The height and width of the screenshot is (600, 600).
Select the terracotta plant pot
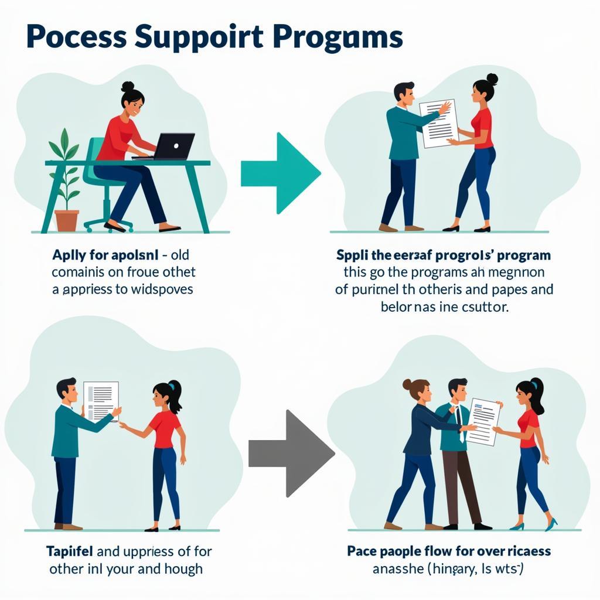coord(67,220)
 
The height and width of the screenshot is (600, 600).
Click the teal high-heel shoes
coord(533,524)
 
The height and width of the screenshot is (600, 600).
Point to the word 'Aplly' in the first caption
coord(69,255)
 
